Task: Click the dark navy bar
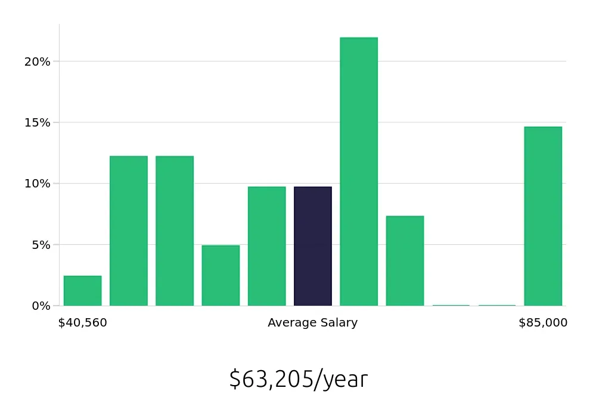pos(313,246)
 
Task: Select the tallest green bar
pos(359,172)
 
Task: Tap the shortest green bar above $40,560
pos(83,291)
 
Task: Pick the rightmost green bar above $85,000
pos(543,216)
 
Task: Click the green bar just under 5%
pos(221,275)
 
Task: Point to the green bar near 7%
pos(405,261)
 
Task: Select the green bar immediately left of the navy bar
pos(266,246)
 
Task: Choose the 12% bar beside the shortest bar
pos(129,231)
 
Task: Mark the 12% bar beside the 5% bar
pos(175,231)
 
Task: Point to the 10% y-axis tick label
pos(38,183)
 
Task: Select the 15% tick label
pos(38,122)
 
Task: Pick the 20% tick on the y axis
pos(38,61)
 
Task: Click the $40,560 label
pos(83,323)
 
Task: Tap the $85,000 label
pos(543,323)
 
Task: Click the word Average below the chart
pos(291,323)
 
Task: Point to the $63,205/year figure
pos(298,379)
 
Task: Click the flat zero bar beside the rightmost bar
pos(497,305)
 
